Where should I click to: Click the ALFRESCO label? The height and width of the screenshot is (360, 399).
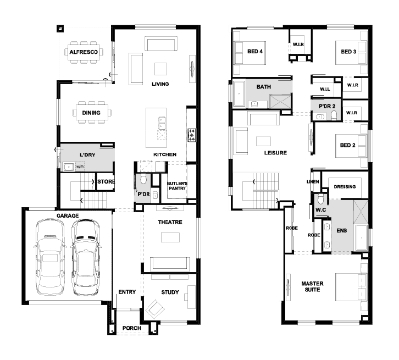click(x=84, y=52)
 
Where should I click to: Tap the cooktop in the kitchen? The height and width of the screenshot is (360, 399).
click(x=192, y=135)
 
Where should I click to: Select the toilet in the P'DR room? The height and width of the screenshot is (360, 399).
click(x=143, y=179)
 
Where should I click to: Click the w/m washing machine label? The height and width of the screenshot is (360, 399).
click(x=80, y=167)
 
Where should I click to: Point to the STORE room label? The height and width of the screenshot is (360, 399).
click(x=106, y=182)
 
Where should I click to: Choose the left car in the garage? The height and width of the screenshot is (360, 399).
click(x=50, y=257)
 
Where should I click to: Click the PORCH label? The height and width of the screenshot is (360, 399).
click(x=131, y=328)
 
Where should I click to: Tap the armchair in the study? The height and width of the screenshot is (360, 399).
click(x=155, y=309)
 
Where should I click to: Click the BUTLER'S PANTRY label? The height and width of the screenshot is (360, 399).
click(x=177, y=186)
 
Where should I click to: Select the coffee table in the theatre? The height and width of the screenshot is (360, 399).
click(x=170, y=237)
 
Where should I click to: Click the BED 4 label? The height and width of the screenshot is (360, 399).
click(x=255, y=52)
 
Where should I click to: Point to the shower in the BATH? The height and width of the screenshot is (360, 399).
click(x=280, y=102)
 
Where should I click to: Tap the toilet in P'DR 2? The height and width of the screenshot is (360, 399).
click(x=334, y=115)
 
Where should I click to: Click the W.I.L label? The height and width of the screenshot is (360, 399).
click(x=325, y=89)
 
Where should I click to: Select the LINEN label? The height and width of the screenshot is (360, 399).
click(x=313, y=182)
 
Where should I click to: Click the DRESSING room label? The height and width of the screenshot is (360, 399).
click(x=345, y=187)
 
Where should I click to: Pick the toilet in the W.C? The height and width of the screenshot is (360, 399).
click(x=320, y=199)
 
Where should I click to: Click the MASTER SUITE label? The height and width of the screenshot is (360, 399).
click(x=312, y=286)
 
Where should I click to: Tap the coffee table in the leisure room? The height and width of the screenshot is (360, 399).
click(x=263, y=141)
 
